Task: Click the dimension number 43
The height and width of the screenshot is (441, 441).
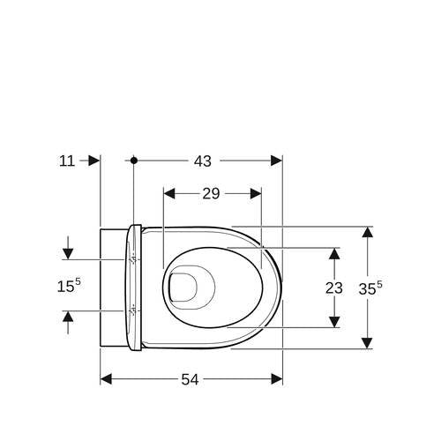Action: pos(203,161)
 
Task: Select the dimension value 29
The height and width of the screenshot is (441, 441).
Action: pos(211,194)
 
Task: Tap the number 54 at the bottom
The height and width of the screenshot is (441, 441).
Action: pos(190,379)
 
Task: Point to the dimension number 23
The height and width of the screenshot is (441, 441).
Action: pos(334,288)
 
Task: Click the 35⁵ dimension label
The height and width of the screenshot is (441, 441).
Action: pos(370,288)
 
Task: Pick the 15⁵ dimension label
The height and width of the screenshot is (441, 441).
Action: pos(69,286)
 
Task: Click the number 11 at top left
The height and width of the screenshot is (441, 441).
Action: pos(67,161)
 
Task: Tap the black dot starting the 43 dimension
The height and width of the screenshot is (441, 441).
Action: pos(134,161)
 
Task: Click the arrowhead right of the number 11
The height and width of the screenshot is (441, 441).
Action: pos(94,161)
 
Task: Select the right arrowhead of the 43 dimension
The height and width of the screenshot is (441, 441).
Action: pos(276,161)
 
